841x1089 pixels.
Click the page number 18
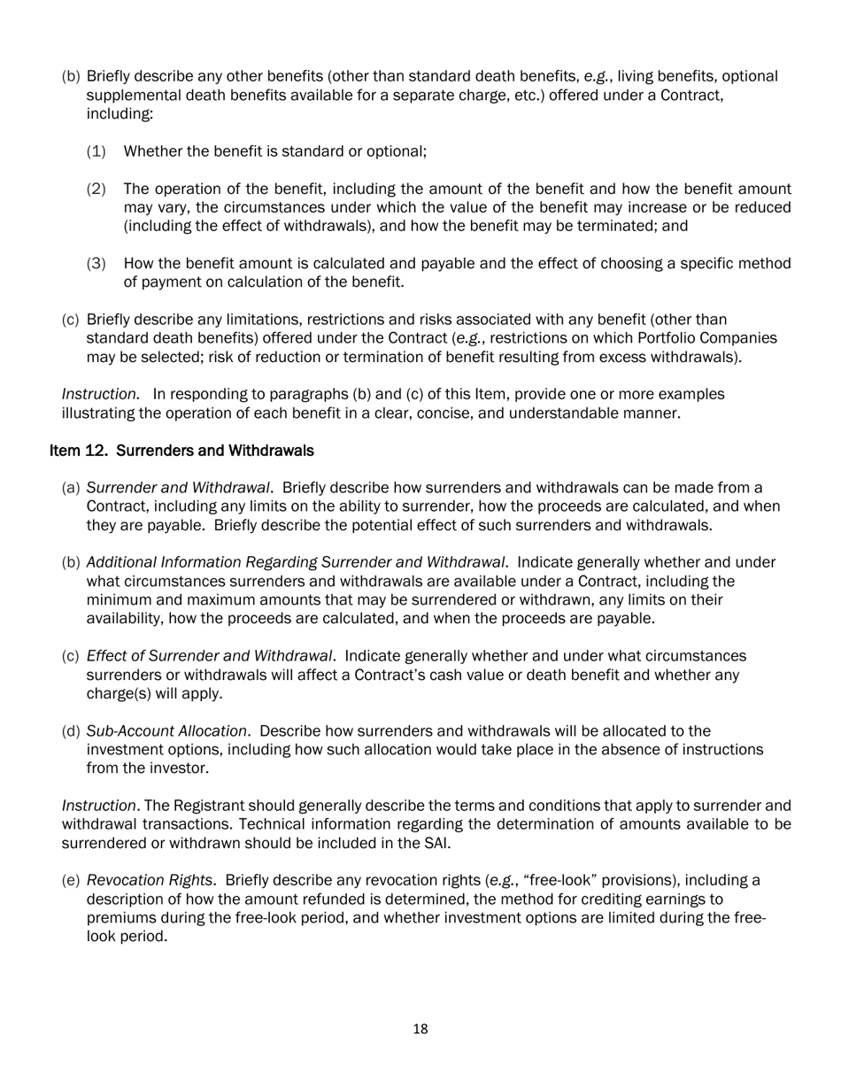pos(420,1029)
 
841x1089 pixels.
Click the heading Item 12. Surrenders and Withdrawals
pos(181,451)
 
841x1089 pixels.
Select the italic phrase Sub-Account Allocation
pos(166,730)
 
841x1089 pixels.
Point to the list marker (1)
pos(96,151)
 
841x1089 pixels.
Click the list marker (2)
pos(96,189)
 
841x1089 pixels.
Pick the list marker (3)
pos(96,264)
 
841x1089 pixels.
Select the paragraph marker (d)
pos(71,730)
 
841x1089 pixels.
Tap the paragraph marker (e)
pos(71,880)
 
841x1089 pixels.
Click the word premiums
pos(120,917)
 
